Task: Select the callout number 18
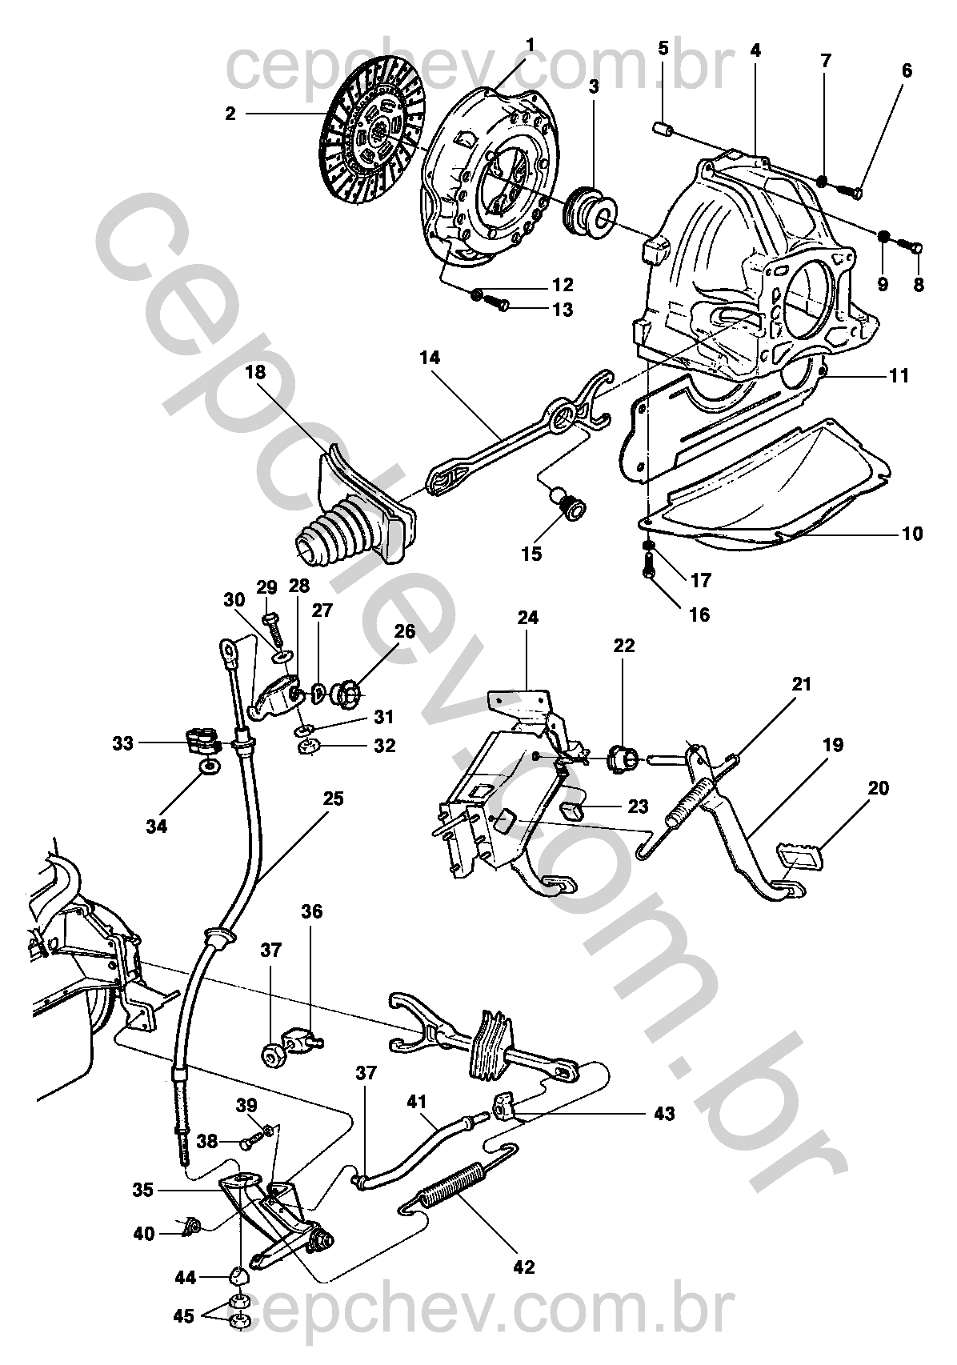tap(257, 372)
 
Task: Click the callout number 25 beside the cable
tap(334, 799)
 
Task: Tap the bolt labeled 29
tap(274, 629)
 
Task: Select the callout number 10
tap(912, 534)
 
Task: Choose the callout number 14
tap(430, 357)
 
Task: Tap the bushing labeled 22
tap(623, 758)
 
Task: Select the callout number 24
tap(528, 618)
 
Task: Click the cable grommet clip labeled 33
tap(201, 740)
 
